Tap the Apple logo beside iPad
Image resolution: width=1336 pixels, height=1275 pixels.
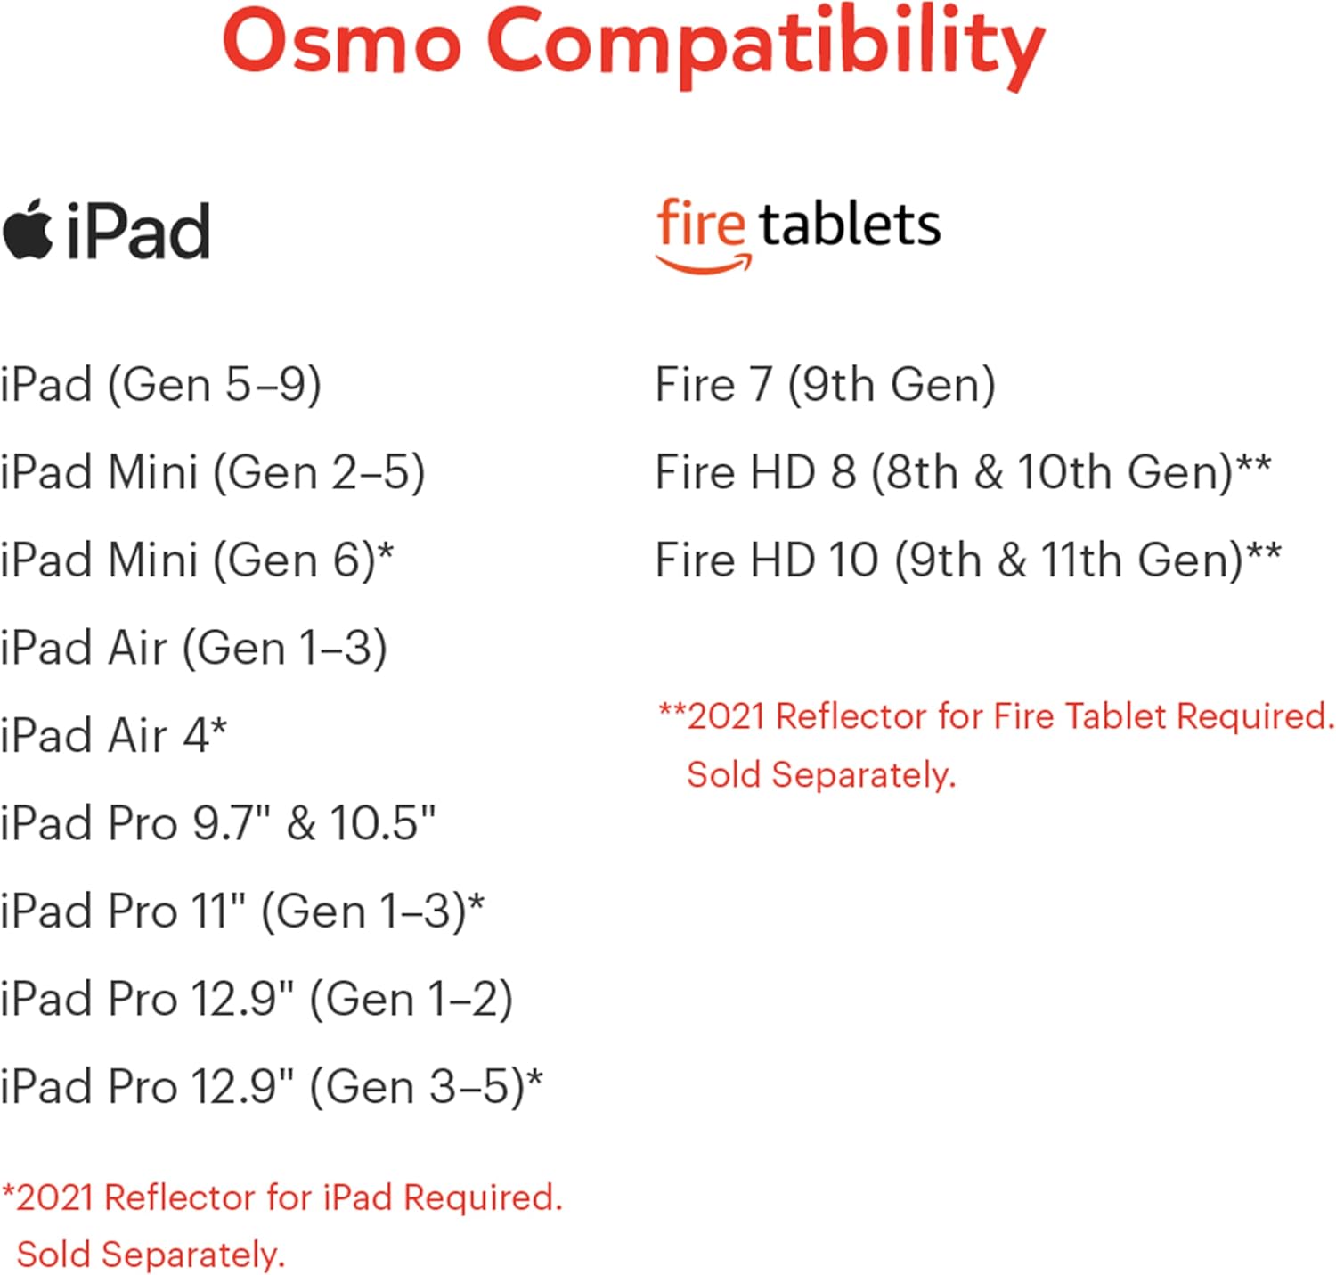click(29, 230)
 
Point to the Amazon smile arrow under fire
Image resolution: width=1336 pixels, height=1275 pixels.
click(704, 264)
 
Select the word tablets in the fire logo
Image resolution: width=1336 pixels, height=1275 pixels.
click(850, 225)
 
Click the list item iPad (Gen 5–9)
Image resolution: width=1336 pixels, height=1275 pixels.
click(161, 385)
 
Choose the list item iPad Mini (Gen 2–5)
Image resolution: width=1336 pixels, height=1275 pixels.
click(213, 472)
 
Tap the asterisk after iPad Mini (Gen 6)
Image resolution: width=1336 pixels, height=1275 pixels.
click(386, 553)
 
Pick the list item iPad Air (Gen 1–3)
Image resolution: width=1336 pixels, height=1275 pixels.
click(194, 648)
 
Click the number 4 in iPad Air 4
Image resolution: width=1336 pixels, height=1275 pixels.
click(196, 736)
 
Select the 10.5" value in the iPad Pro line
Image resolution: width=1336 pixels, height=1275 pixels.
click(382, 822)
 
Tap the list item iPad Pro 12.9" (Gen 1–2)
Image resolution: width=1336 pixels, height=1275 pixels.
click(257, 999)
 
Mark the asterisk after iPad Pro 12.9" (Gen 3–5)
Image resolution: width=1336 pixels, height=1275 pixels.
click(534, 1079)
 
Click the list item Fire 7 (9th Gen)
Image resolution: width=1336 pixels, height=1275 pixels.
click(825, 385)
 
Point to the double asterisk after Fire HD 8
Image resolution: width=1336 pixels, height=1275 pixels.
click(1254, 465)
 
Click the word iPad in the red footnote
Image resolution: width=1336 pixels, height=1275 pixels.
click(357, 1197)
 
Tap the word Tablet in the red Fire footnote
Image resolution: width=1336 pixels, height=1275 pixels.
click(1116, 716)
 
